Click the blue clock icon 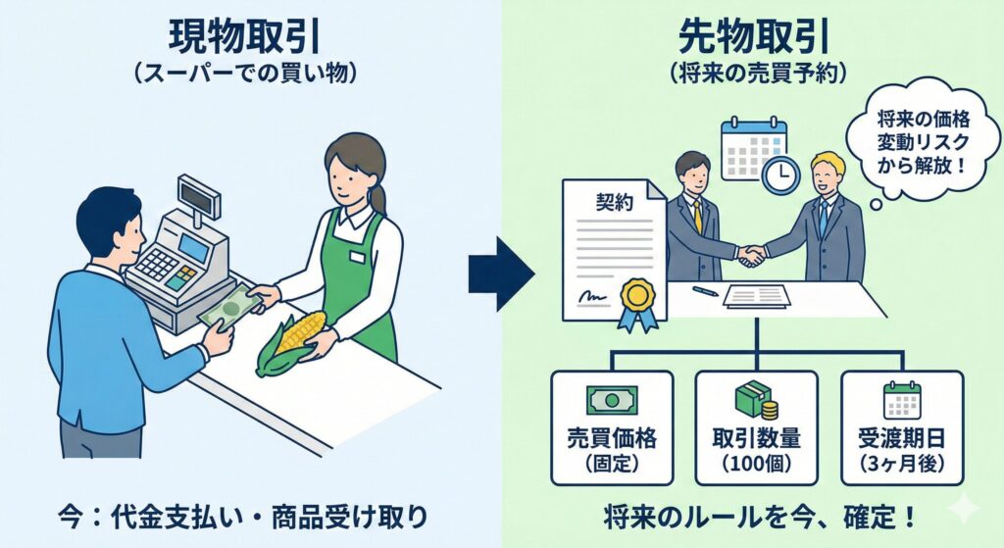click(x=780, y=174)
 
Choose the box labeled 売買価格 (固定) click(x=612, y=426)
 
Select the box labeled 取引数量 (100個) click(x=756, y=426)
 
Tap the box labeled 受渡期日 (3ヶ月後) click(x=902, y=426)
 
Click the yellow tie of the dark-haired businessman click(x=697, y=215)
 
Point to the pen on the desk click(x=704, y=290)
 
